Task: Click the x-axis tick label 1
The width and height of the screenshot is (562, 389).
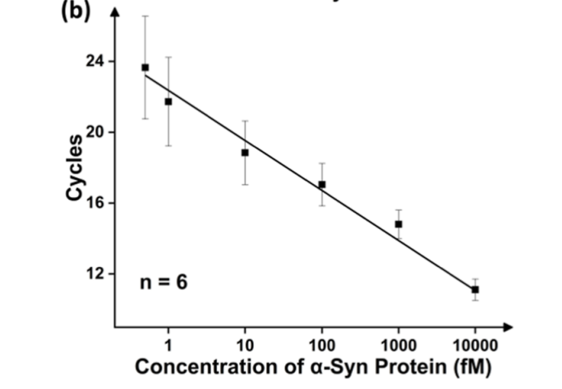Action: coord(168,346)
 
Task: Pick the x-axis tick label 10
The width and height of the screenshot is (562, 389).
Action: coord(244,346)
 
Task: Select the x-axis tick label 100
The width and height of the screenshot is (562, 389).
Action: coord(322,346)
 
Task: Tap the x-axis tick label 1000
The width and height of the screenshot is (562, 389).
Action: coord(398,346)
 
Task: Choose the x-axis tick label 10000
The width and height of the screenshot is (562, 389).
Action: coord(474,346)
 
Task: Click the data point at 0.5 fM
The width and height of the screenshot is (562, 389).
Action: coord(145,68)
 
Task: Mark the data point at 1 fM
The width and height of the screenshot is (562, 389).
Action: coord(168,101)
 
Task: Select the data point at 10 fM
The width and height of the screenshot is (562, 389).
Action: coord(244,152)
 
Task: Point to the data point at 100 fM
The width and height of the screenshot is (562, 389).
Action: coord(322,184)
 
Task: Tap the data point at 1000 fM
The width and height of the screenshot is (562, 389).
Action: coord(398,223)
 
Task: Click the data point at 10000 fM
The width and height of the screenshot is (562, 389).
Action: coord(475,289)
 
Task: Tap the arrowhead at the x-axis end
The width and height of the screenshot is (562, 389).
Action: coord(507,328)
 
